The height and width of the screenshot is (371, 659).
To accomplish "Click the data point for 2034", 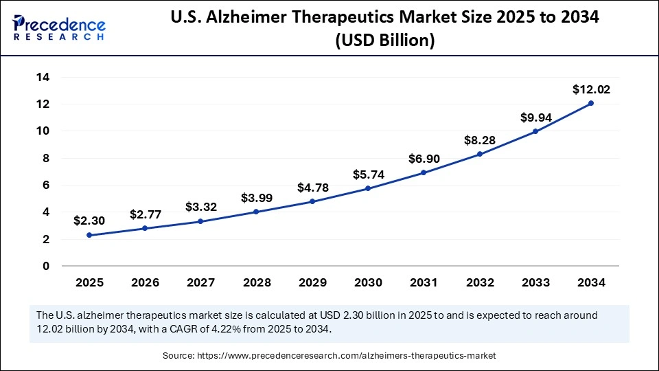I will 591,103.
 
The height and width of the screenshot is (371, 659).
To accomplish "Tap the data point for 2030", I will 369,188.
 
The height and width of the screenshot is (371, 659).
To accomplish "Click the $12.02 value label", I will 591,89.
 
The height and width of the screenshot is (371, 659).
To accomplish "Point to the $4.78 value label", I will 313,188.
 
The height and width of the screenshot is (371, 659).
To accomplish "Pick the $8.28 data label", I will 480,140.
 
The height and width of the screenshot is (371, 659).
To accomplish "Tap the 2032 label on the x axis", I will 480,282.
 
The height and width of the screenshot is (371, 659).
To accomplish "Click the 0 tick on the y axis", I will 46,266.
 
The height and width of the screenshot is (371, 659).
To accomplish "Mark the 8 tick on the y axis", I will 46,158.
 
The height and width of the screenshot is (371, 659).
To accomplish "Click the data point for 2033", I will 535,131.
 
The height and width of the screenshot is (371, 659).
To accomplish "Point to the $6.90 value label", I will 424,159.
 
